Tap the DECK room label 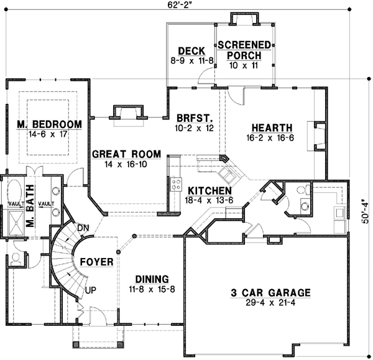187,51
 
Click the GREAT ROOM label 127,154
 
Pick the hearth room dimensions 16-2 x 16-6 269,137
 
